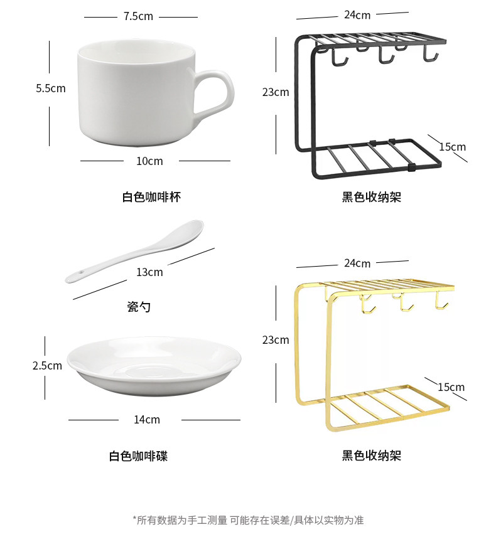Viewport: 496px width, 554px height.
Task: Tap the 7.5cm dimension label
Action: [x=138, y=16]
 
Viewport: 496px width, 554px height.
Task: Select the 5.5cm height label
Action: [x=50, y=88]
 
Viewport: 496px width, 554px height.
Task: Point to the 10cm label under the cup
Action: [x=149, y=161]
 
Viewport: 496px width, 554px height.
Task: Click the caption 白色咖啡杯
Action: [x=151, y=197]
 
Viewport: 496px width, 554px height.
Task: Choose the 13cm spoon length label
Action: [x=149, y=272]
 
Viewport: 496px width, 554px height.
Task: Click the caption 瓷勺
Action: [x=139, y=307]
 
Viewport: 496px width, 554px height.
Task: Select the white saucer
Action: [x=154, y=366]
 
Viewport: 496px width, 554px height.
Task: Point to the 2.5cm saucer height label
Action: [x=47, y=365]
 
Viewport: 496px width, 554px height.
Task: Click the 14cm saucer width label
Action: [x=147, y=420]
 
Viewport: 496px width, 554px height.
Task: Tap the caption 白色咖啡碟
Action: [x=138, y=456]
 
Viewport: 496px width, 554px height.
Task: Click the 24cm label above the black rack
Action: [x=357, y=15]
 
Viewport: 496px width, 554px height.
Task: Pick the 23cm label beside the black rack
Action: [x=276, y=92]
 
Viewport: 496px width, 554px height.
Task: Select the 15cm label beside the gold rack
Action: [x=451, y=387]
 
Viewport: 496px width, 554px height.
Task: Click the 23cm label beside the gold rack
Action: [x=276, y=340]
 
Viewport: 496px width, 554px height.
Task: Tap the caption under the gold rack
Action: [x=371, y=456]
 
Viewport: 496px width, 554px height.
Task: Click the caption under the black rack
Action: [x=371, y=197]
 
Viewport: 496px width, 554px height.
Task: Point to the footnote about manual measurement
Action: [x=248, y=520]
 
